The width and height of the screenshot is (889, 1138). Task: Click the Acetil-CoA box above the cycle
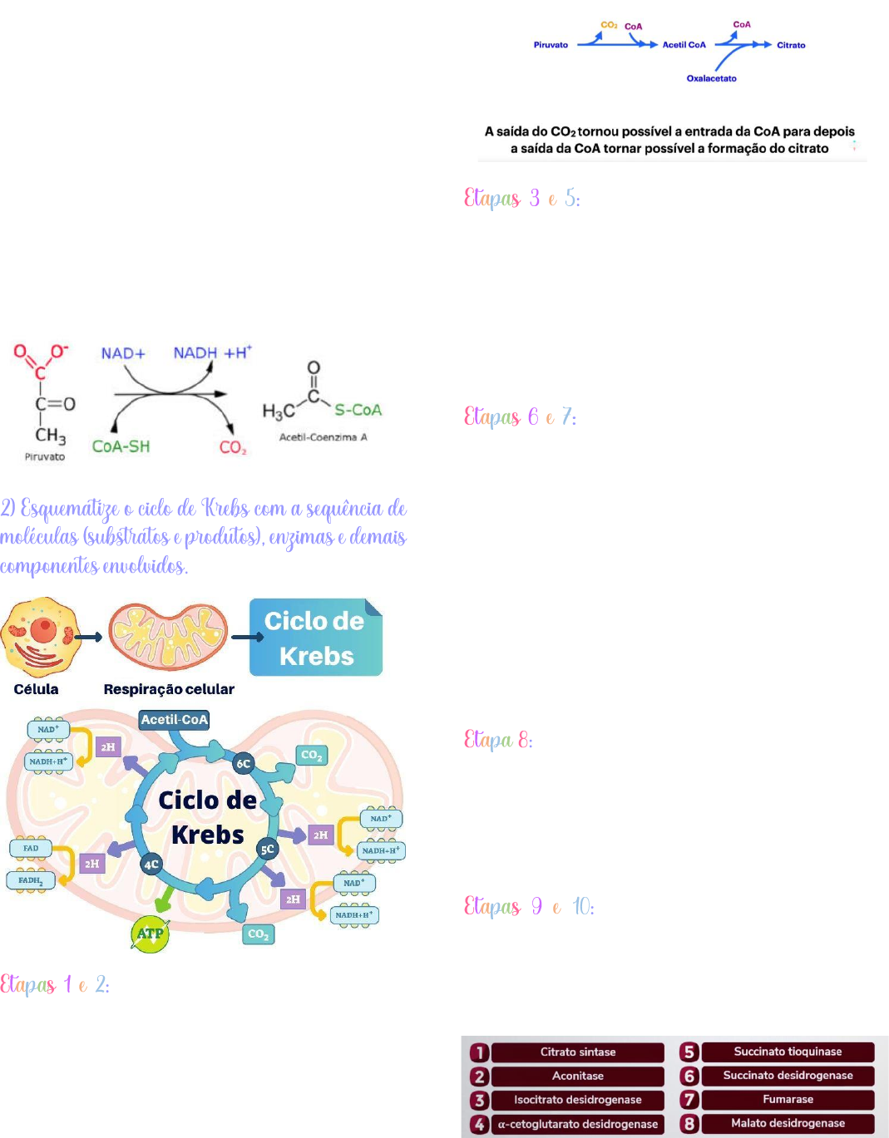[x=174, y=720]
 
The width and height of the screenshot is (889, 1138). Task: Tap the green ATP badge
[x=150, y=934]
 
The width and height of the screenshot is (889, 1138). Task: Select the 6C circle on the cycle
[x=243, y=763]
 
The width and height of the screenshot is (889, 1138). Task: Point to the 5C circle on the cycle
[x=267, y=850]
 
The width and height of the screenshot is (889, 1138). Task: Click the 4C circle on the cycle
[x=151, y=865]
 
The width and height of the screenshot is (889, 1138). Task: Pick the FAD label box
[x=31, y=848]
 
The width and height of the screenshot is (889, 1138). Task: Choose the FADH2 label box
[x=31, y=880]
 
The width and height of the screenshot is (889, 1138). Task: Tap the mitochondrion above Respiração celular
[x=169, y=637]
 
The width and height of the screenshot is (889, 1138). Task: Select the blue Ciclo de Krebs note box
[x=315, y=638]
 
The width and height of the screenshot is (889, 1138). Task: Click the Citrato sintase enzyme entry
[x=578, y=1052]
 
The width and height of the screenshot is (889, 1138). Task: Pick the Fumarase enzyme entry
[x=788, y=1100]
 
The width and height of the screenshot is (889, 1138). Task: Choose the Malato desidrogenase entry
[x=788, y=1124]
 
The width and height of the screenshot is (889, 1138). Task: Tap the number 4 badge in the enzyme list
[x=479, y=1125]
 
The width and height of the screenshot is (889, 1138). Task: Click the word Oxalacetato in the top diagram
[x=711, y=79]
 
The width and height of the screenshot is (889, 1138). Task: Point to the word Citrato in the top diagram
[x=791, y=46]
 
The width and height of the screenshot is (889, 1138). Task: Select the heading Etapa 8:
[x=498, y=740]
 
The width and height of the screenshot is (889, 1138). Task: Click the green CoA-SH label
[x=121, y=446]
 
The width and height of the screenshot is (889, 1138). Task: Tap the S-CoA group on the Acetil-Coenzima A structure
[x=358, y=410]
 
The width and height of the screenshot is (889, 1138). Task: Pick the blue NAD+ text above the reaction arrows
[x=123, y=353]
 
